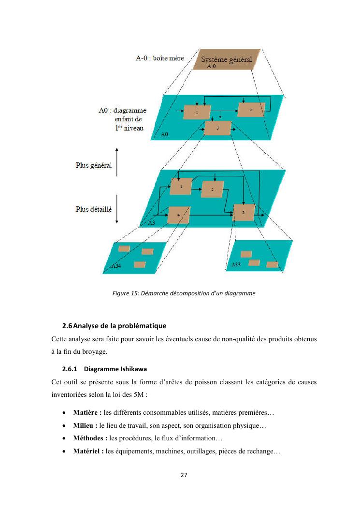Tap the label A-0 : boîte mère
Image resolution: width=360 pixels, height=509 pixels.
159,59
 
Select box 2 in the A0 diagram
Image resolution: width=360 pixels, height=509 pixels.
251,110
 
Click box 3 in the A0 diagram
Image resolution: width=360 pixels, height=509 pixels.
218,128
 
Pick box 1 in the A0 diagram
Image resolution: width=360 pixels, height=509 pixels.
197,112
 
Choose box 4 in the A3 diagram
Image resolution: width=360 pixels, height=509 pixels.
178,214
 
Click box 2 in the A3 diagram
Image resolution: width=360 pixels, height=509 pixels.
213,189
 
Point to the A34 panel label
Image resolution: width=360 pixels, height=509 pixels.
116,266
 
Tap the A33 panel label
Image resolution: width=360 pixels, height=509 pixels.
236,265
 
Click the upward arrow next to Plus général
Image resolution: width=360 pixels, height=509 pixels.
117,165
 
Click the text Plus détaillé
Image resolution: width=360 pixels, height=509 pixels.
94,210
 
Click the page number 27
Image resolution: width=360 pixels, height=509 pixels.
184,475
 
